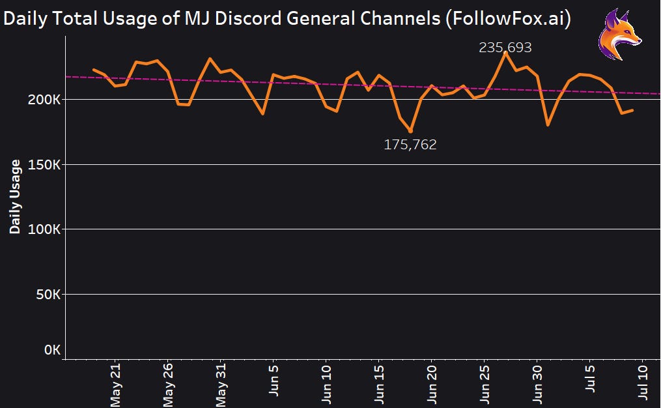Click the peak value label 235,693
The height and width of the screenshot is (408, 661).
pos(505,48)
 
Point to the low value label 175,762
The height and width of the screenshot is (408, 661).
pos(410,145)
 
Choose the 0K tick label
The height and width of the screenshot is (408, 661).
pos(52,351)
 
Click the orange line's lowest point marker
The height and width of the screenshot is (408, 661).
pos(410,131)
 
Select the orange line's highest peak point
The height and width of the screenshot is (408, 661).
pos(505,53)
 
